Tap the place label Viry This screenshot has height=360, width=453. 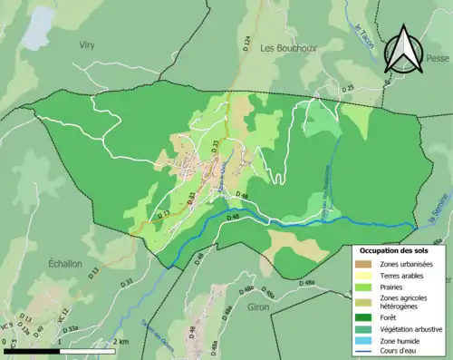(x=87, y=44)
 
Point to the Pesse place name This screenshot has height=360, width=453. (x=439, y=59)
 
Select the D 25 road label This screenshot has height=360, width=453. (x=348, y=88)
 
